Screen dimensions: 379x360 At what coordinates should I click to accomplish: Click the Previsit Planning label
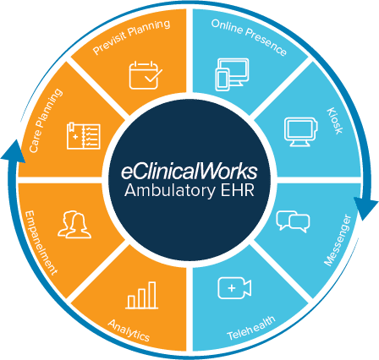click(x=131, y=36)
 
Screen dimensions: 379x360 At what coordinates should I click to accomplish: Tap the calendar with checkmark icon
click(x=146, y=74)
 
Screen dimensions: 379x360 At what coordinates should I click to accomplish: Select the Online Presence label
click(x=249, y=37)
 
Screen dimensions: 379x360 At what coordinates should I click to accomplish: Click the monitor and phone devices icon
click(x=232, y=74)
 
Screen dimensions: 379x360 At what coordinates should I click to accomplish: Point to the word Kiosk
click(x=335, y=120)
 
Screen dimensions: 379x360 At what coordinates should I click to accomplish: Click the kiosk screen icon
click(x=301, y=132)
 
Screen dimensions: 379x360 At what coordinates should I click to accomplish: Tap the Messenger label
click(x=338, y=240)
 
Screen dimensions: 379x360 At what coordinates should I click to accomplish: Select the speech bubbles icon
click(x=293, y=221)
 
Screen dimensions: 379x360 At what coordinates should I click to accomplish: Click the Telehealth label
click(x=251, y=328)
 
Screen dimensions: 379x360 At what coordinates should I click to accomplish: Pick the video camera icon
click(x=235, y=288)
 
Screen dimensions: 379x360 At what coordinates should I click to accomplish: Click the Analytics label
click(x=129, y=330)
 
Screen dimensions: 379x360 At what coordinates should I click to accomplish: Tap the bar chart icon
click(x=141, y=295)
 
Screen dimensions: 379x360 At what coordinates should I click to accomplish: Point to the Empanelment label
click(x=41, y=243)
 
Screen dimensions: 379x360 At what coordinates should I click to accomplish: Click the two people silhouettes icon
click(x=74, y=224)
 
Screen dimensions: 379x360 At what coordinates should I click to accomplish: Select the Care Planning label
click(x=46, y=121)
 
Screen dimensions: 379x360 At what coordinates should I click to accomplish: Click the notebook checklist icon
click(x=84, y=136)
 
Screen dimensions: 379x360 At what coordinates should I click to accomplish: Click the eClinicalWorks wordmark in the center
click(x=189, y=171)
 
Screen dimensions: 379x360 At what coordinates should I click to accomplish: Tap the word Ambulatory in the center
click(x=170, y=191)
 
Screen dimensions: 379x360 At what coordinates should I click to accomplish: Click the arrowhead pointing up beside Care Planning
click(x=14, y=151)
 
